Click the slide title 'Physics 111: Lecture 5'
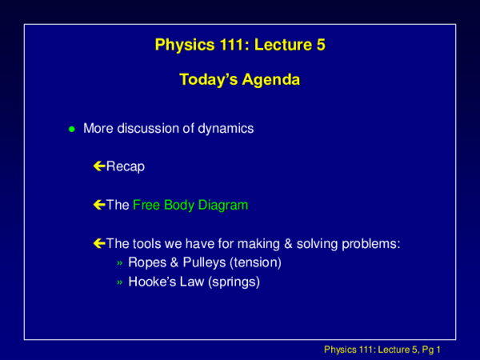click(240, 46)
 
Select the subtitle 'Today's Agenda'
click(240, 80)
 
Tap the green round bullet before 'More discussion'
click(71, 129)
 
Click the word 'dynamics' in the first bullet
click(230, 128)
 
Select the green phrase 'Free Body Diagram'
click(190, 205)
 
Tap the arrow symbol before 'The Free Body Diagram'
click(99, 205)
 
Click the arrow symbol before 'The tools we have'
click(99, 243)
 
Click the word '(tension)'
click(257, 262)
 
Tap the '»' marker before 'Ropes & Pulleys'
click(119, 263)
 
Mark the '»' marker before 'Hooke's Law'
click(119, 282)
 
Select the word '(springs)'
click(232, 282)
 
